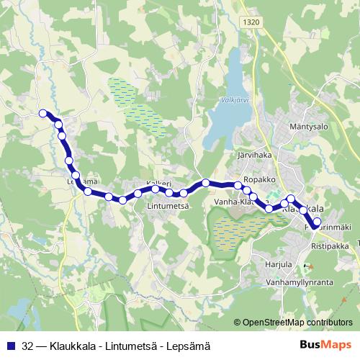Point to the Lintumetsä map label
tap(168, 206)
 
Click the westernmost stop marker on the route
tap(43, 113)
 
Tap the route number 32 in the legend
tap(27, 345)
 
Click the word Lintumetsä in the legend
tap(130, 345)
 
